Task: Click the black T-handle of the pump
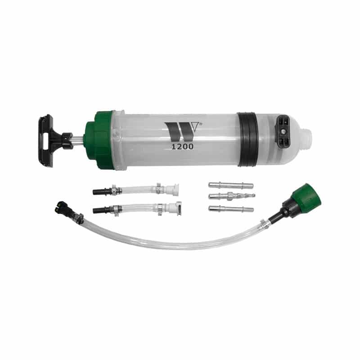click(45, 140)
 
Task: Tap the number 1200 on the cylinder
click(183, 147)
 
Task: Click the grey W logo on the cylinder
click(180, 131)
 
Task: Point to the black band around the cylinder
click(248, 139)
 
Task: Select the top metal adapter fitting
click(231, 185)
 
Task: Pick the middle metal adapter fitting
click(232, 196)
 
